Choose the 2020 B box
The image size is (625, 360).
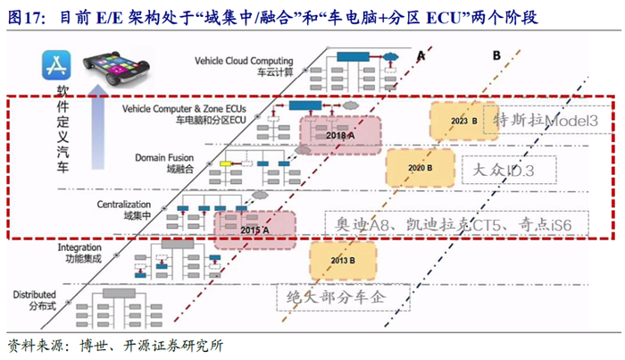420,167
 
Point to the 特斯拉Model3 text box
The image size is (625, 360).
546,121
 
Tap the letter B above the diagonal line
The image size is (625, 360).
496,55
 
